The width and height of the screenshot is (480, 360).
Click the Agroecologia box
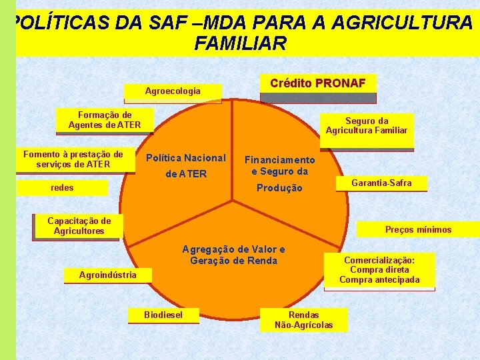(173, 91)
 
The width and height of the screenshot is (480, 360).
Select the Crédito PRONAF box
(317, 84)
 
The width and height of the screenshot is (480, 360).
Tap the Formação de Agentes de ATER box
(104, 120)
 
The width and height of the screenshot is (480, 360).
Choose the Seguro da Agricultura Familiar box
(366, 125)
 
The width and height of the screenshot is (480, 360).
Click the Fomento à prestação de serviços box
(73, 159)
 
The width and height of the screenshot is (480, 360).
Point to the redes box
(63, 188)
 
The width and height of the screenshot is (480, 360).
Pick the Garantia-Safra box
(381, 183)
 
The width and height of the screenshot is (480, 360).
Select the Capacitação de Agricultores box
(79, 226)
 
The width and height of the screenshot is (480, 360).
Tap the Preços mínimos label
(418, 230)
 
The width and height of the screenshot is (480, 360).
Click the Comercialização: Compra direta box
(379, 270)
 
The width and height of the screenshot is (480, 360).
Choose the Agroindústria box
(107, 275)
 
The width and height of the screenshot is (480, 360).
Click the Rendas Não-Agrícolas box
(303, 320)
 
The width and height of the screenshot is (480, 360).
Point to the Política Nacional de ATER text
(185, 166)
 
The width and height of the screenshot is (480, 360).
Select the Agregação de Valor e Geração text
(233, 255)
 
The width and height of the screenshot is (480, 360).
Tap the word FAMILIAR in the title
(240, 44)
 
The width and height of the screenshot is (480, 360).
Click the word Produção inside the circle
(279, 189)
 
